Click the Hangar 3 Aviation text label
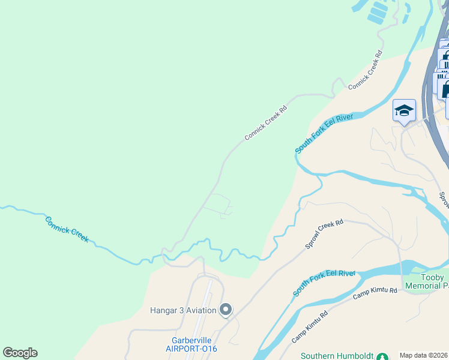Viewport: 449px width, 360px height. point(182,310)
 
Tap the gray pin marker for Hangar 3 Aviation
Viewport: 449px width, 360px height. point(226,310)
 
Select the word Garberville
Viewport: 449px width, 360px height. point(191,339)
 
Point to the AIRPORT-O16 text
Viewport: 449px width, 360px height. point(191,349)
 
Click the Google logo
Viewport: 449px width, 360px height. point(20,353)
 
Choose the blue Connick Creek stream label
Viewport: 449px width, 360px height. point(67,229)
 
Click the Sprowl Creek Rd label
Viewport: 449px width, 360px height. point(324,234)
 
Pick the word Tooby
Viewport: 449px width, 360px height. point(433,277)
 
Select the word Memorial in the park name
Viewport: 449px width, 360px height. point(424,287)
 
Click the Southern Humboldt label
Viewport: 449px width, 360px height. point(336,355)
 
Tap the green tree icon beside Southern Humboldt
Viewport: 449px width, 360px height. point(379,356)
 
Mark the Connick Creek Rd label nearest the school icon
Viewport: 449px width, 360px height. point(365,70)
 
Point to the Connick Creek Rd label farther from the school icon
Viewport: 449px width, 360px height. point(266,124)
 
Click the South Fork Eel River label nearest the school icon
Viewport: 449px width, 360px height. point(324,133)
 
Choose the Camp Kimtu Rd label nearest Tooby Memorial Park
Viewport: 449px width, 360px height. point(375,293)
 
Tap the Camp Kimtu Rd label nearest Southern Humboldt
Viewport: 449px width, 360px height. point(310,327)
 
